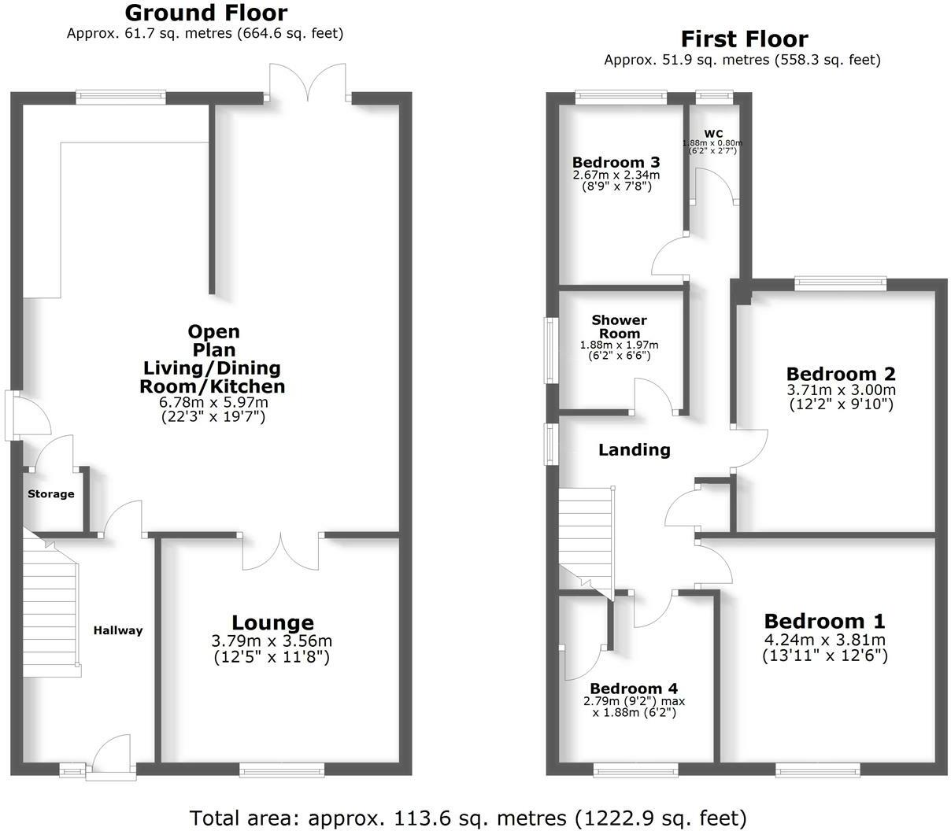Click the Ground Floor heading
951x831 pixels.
[205, 13]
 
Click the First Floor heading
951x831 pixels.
[743, 39]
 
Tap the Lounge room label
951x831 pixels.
[272, 623]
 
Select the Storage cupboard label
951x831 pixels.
[51, 494]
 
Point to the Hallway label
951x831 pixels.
[118, 630]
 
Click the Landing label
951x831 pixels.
[635, 450]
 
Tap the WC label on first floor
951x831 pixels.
[713, 134]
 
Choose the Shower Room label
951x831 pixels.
[619, 326]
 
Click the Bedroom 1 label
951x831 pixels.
[824, 621]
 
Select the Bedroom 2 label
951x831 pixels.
[841, 374]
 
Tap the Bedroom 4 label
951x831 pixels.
[634, 687]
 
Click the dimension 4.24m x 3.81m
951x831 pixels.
[824, 639]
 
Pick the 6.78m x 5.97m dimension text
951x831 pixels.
[213, 402]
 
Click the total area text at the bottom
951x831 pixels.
[468, 818]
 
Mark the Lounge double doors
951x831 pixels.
[281, 551]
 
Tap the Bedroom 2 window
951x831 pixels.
[840, 282]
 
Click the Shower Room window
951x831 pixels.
[553, 350]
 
